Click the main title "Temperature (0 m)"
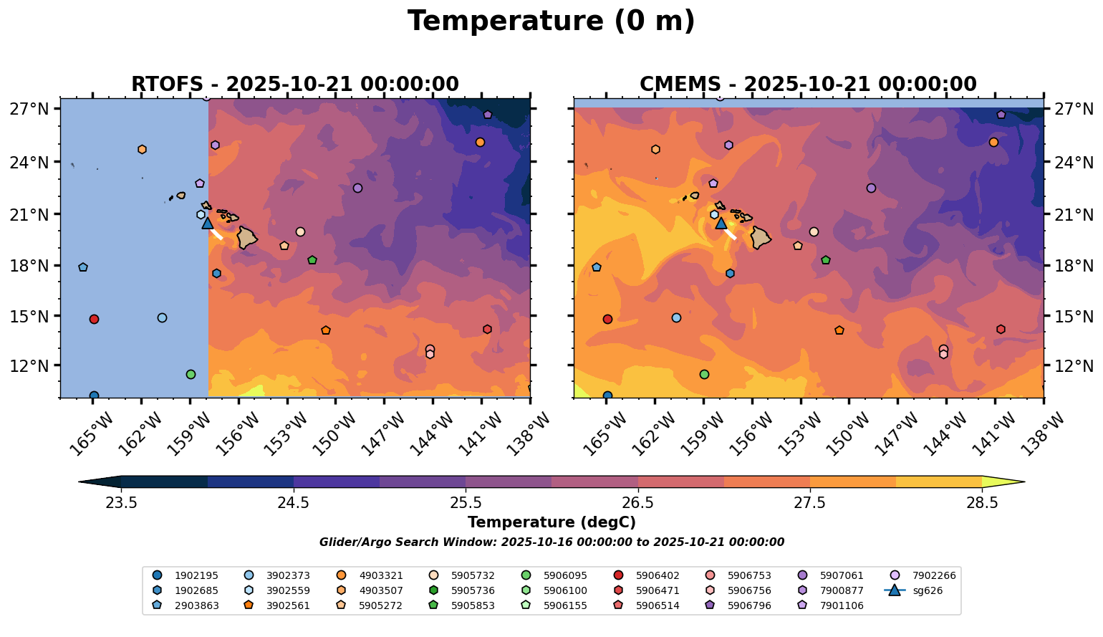coord(551,21)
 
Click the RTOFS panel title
coord(294,85)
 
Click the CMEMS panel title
coord(808,85)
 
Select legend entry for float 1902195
coord(186,575)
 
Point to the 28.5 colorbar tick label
coord(982,503)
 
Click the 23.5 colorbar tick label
coord(121,503)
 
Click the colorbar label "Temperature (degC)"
coord(551,523)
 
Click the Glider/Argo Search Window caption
coord(551,542)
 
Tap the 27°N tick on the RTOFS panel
coord(29,110)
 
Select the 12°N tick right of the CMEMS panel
coord(1073,366)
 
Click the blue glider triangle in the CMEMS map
coord(721,223)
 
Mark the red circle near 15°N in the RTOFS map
coord(94,319)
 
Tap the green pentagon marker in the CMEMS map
coord(826,260)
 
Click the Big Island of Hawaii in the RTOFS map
coord(248,237)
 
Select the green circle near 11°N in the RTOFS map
coord(191,374)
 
